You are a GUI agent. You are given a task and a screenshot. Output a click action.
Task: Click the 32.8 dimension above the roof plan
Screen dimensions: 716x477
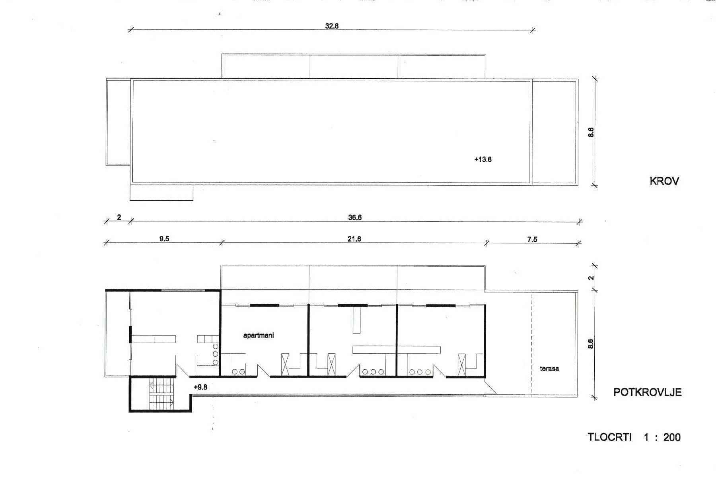click(332, 26)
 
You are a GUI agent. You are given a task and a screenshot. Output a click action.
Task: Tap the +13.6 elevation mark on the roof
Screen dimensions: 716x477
click(483, 159)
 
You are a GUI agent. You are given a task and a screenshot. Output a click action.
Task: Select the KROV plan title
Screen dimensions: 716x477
click(664, 181)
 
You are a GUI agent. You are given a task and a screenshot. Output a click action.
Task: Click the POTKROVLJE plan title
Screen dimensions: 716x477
click(647, 392)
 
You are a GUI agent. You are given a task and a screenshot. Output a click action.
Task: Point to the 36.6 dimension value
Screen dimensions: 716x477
click(355, 217)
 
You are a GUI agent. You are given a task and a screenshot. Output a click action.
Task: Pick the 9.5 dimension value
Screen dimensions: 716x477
click(164, 239)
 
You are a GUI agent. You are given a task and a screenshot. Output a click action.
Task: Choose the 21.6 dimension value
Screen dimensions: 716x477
click(354, 239)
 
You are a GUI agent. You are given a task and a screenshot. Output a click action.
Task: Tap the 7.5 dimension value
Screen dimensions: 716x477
click(532, 239)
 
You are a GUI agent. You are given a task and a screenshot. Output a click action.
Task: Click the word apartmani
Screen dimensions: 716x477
click(259, 335)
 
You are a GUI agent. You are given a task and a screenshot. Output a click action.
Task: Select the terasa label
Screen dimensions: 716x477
click(549, 369)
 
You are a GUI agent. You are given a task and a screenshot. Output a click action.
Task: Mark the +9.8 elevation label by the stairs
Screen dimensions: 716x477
click(200, 387)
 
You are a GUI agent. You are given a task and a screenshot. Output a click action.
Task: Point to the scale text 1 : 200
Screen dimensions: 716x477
click(662, 437)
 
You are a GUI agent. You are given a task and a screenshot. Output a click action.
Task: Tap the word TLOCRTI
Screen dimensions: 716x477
click(610, 437)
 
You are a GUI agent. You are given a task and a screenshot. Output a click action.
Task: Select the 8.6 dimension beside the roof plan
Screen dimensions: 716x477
click(591, 132)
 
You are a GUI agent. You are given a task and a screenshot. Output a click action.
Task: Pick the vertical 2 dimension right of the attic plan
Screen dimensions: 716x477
click(591, 278)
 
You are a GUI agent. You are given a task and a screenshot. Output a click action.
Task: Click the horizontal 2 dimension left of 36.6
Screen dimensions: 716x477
click(119, 217)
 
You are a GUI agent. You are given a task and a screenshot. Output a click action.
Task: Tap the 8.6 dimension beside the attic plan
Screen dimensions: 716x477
click(591, 344)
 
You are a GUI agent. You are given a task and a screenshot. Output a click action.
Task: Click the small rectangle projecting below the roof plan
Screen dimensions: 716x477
click(161, 192)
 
